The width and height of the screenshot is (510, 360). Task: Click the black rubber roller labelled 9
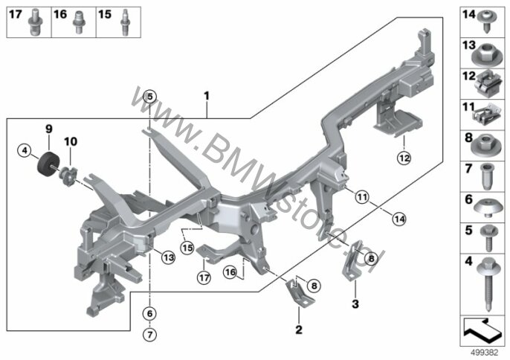48,164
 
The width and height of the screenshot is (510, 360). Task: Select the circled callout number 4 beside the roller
25,151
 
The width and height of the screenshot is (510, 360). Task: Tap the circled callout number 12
404,158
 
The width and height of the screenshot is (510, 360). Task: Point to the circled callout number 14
399,219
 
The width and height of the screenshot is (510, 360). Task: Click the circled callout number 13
169,258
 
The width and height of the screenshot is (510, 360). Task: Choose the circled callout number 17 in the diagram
204,277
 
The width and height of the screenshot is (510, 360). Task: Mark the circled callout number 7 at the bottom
149,334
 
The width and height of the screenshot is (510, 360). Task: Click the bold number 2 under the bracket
299,330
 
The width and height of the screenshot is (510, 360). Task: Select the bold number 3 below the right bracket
355,303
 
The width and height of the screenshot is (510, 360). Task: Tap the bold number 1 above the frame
207,97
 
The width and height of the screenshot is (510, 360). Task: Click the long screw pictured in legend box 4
488,283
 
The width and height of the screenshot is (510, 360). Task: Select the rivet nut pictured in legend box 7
486,176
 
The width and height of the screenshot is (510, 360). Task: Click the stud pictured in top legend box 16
78,22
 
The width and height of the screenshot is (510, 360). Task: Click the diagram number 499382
485,353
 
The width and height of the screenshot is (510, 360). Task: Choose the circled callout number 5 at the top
149,97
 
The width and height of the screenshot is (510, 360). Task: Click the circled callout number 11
362,196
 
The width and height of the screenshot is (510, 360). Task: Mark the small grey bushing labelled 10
68,176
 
